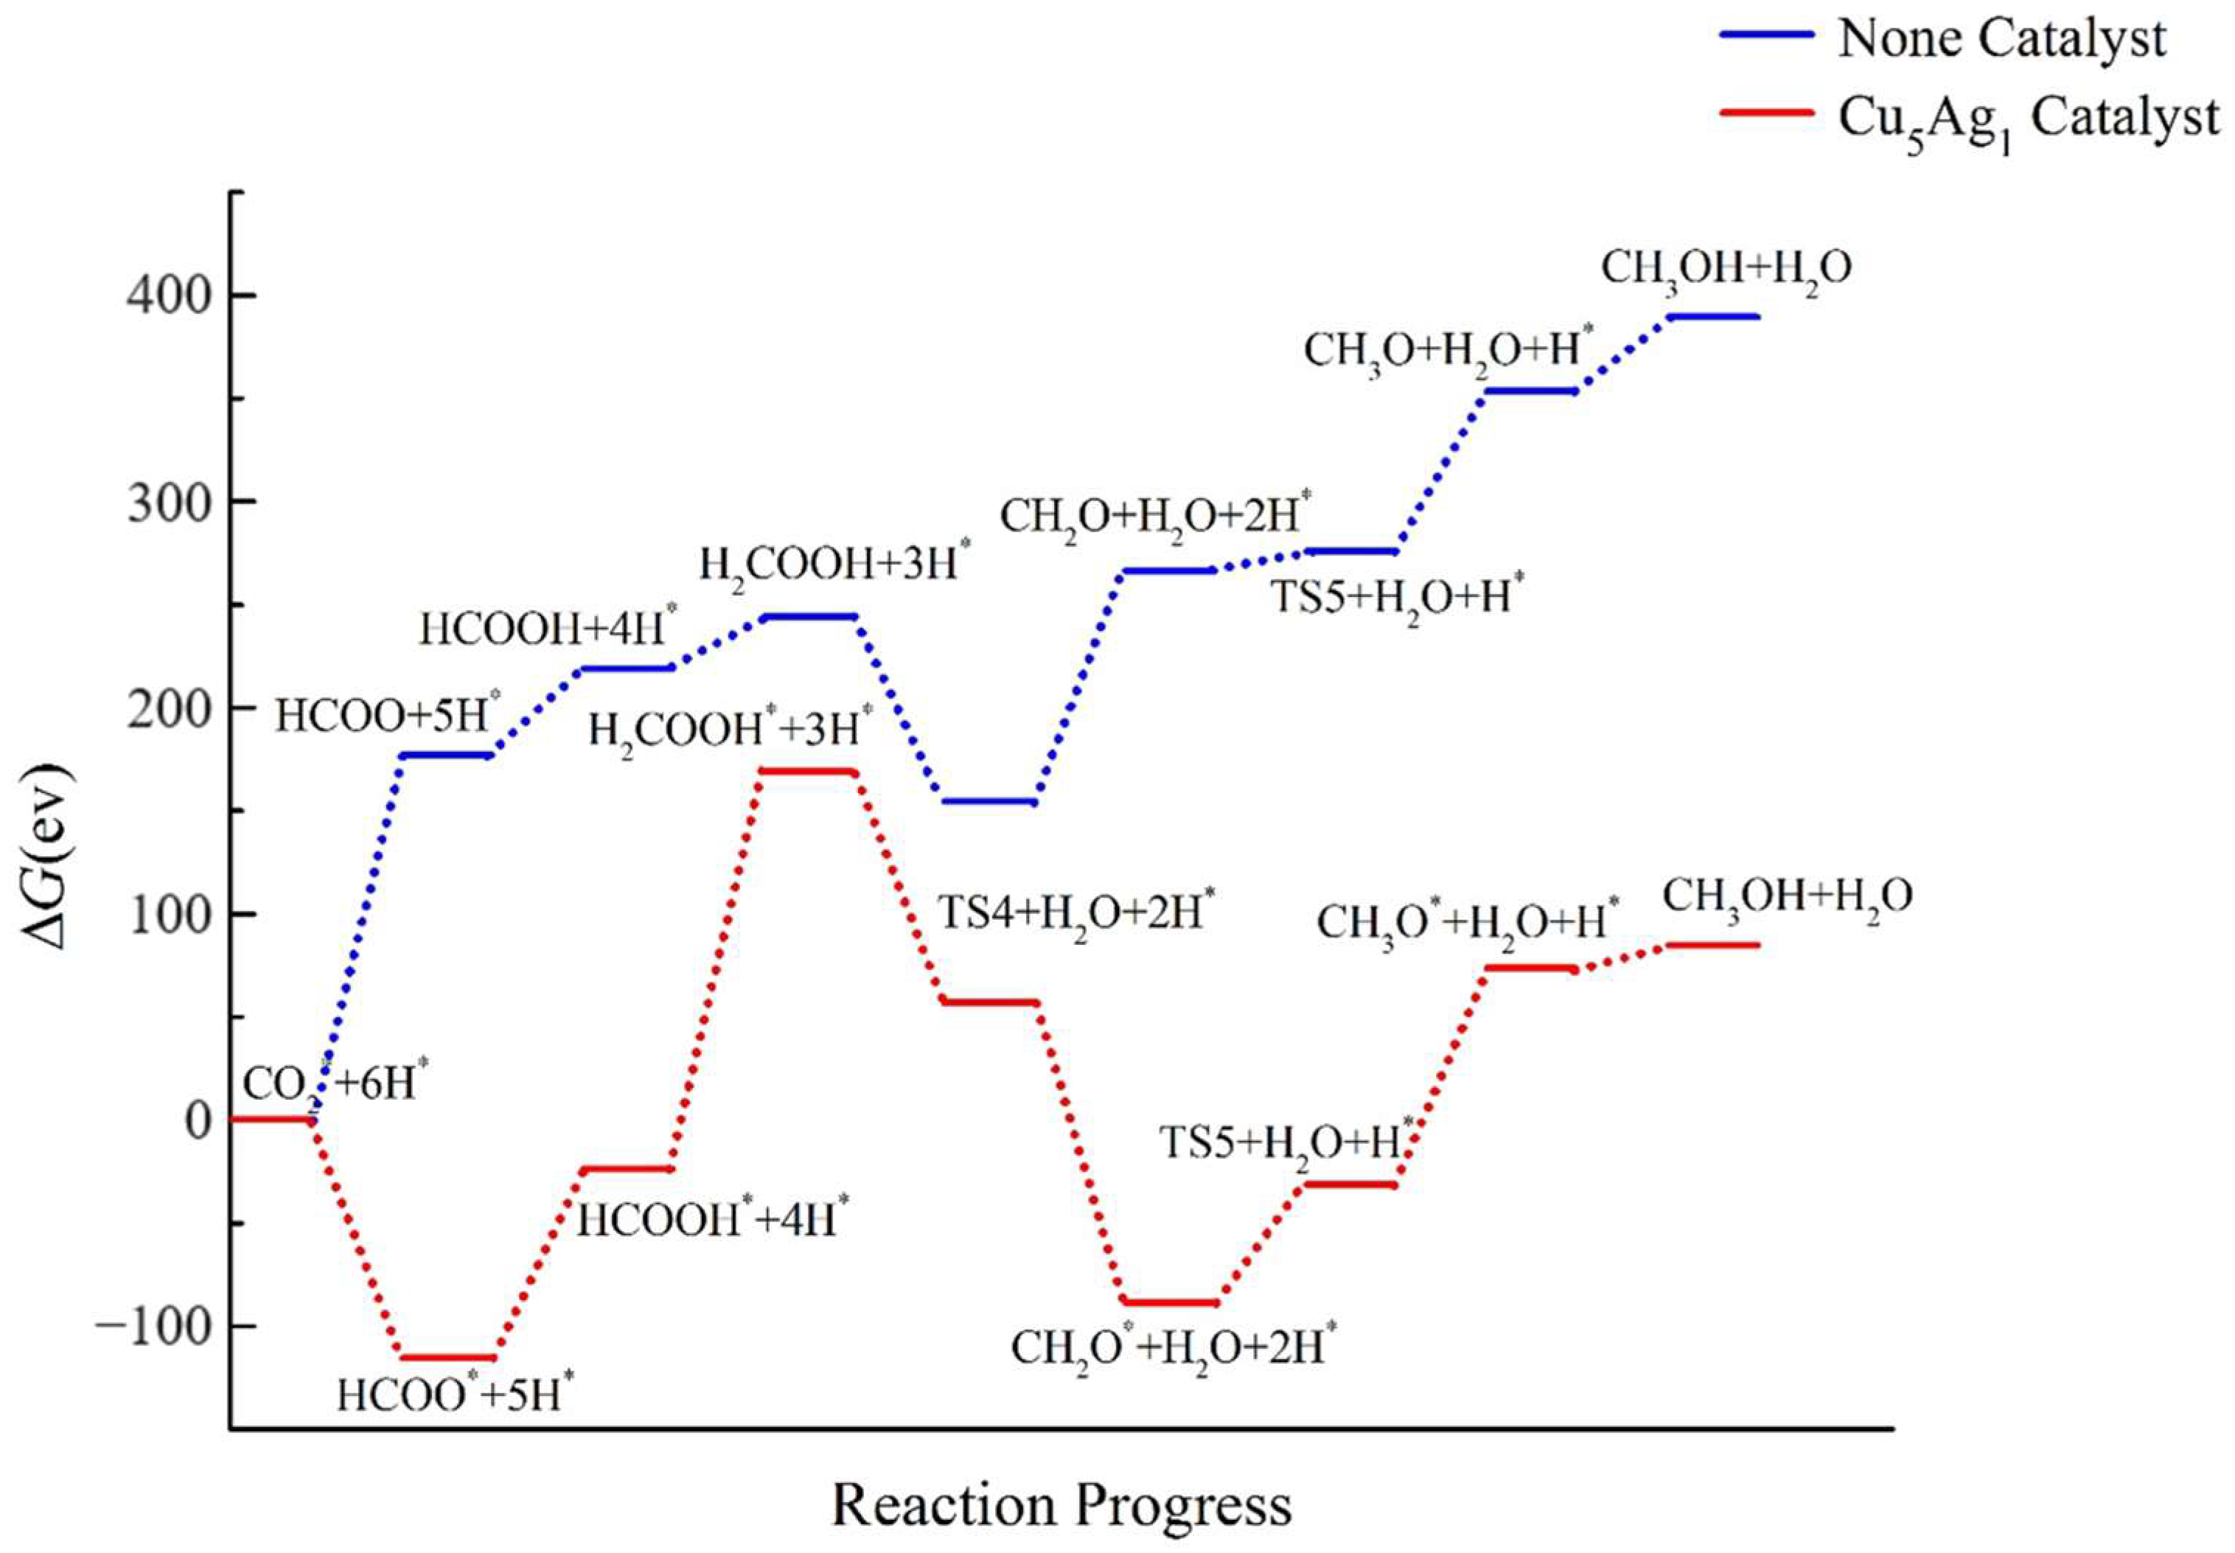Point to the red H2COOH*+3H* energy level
click(808, 772)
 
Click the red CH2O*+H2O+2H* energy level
click(1170, 1302)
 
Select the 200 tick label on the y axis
click(167, 708)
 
